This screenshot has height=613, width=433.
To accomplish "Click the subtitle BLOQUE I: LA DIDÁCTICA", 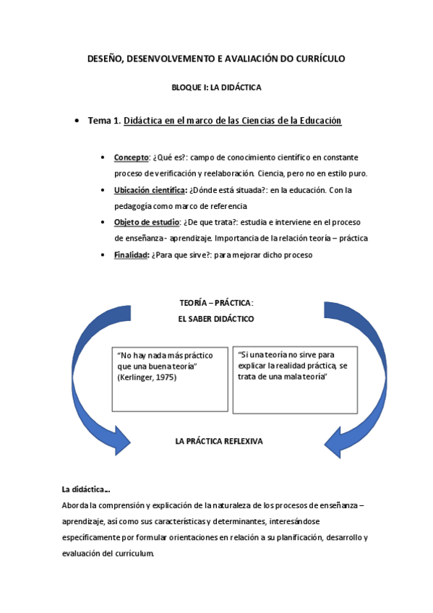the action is pos(216,87).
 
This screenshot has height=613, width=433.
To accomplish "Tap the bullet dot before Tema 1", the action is pos(77,121).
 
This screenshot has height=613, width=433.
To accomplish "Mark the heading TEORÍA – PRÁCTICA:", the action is pos(216,303).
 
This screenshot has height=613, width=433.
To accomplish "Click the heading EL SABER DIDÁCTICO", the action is pos(216,318).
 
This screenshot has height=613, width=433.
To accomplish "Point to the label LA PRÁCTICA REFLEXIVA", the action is pos(219,440).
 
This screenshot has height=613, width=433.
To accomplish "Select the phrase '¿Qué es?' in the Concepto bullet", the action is pos(168,157).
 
